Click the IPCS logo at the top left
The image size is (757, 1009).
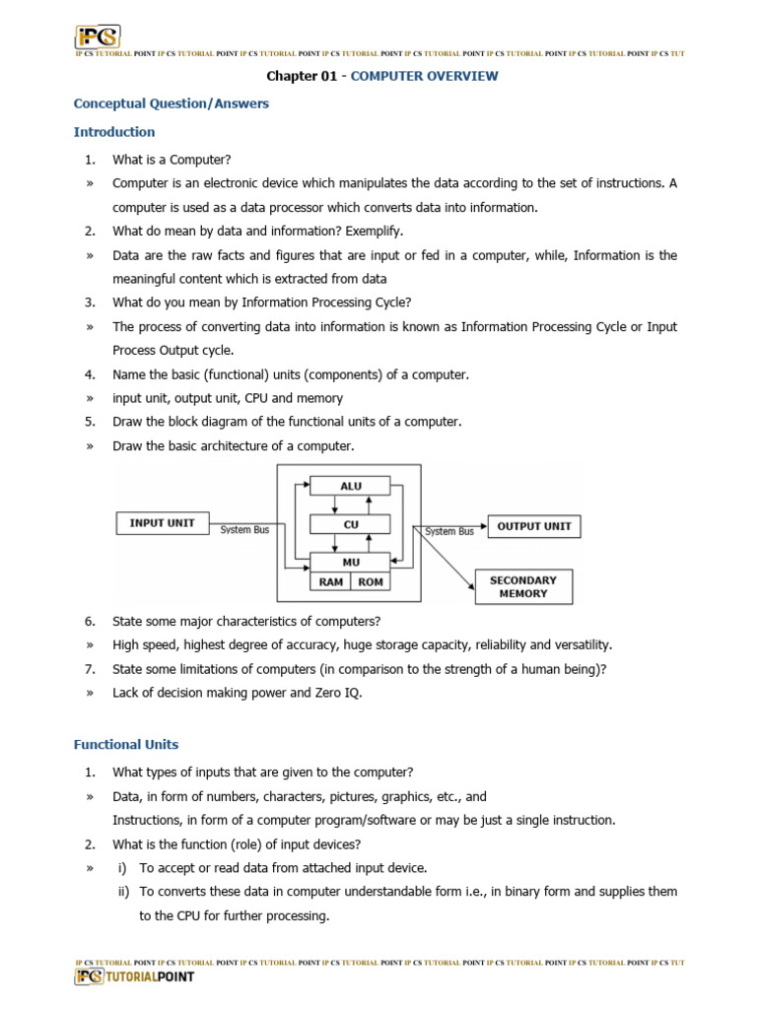point(98,36)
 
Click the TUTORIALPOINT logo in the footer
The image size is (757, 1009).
point(135,976)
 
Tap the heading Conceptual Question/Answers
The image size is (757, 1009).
point(172,103)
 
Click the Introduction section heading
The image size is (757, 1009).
point(114,132)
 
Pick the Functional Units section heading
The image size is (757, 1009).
point(126,745)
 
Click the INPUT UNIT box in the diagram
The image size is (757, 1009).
point(163,523)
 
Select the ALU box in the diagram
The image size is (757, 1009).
point(351,486)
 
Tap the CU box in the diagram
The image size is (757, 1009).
point(351,525)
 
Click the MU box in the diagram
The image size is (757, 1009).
point(351,563)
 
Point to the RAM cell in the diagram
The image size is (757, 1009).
point(330,581)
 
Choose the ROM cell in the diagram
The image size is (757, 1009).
point(371,581)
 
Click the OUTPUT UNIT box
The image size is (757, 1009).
point(533,526)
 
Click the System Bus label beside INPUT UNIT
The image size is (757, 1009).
point(244,530)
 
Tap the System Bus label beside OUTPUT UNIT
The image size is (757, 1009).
point(449,531)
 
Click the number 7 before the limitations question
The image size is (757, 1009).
point(89,669)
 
